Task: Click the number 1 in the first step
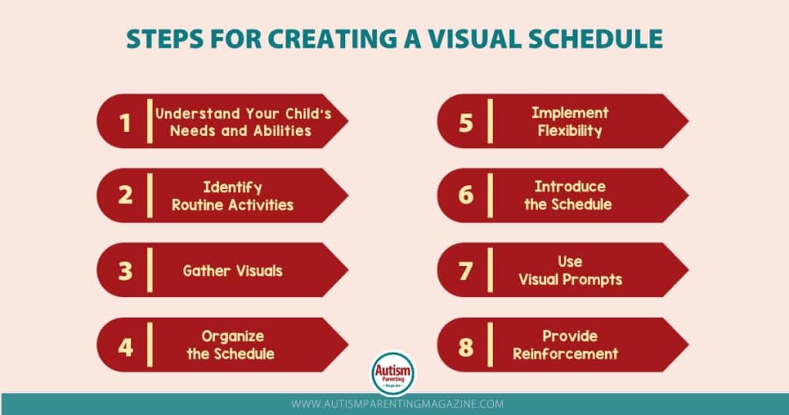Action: [x=125, y=123]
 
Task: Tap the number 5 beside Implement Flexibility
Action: [x=466, y=123]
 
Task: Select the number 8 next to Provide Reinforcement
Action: [x=466, y=347]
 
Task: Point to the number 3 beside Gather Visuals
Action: [x=126, y=271]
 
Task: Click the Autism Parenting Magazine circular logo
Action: [x=393, y=373]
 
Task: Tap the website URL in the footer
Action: [x=398, y=404]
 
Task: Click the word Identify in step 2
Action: [x=233, y=188]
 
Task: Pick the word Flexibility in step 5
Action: [x=569, y=131]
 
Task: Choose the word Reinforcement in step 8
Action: [x=566, y=353]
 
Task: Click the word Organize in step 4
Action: [x=233, y=336]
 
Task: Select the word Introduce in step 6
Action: [x=570, y=187]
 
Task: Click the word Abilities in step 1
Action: [x=282, y=131]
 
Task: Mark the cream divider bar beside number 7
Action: [x=490, y=270]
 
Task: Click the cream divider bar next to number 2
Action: [x=149, y=195]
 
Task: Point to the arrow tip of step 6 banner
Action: [x=688, y=195]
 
